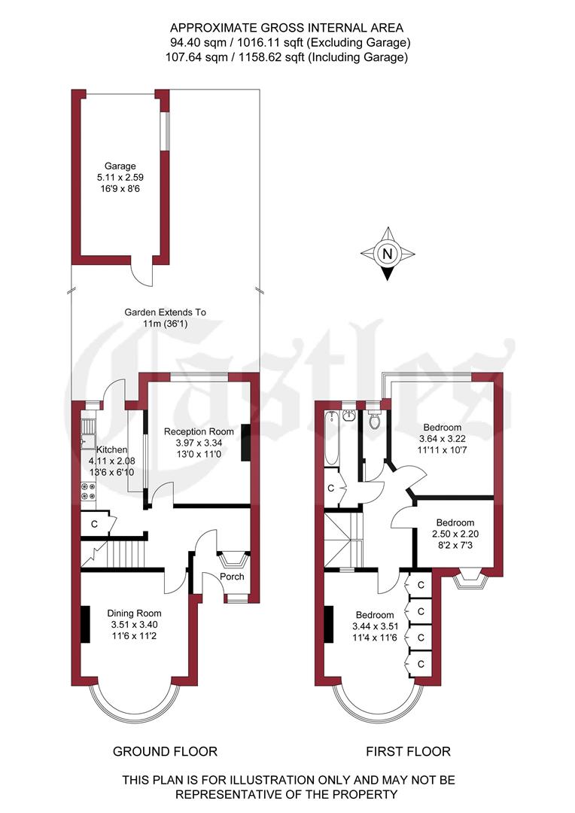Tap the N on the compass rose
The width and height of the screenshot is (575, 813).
pyautogui.click(x=388, y=254)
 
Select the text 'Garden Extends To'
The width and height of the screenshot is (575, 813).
pyautogui.click(x=165, y=312)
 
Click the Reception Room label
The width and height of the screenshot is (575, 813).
pyautogui.click(x=199, y=431)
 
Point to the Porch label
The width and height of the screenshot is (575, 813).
pyautogui.click(x=232, y=577)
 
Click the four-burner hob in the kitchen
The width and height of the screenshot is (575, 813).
pyautogui.click(x=87, y=490)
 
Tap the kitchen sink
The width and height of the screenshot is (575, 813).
pyautogui.click(x=87, y=441)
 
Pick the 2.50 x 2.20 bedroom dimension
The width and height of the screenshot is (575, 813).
pyautogui.click(x=455, y=534)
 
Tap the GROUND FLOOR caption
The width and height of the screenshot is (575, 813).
pyautogui.click(x=165, y=751)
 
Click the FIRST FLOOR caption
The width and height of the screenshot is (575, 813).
pyautogui.click(x=408, y=751)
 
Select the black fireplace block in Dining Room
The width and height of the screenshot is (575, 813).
pyautogui.click(x=85, y=624)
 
